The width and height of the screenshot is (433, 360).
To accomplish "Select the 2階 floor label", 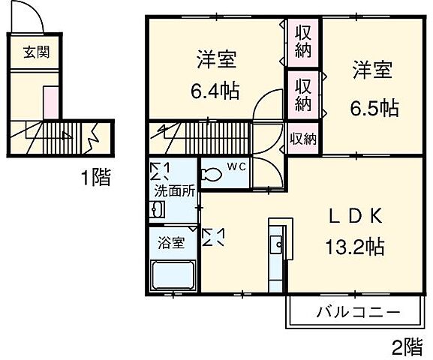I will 406,346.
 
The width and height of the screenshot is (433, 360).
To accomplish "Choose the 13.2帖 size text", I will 355,245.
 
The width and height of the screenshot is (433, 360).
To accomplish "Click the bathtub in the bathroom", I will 173,276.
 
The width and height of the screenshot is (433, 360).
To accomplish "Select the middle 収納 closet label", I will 303,94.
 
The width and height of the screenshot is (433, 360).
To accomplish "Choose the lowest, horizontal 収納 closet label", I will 303,138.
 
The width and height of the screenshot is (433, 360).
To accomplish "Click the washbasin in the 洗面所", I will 156,211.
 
